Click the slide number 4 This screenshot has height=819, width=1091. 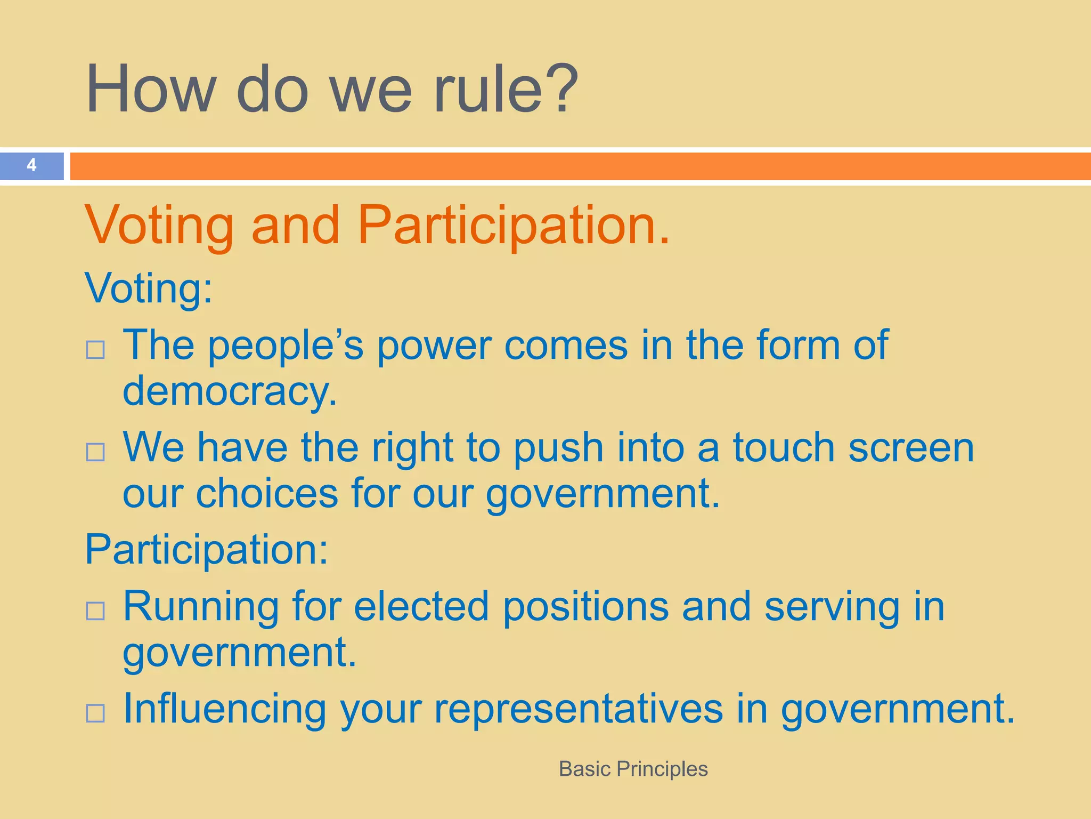(31, 165)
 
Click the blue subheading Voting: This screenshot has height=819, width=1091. (149, 288)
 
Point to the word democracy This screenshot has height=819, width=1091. (230, 391)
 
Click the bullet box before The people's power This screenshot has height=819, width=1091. (95, 350)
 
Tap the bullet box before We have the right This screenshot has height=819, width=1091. (95, 452)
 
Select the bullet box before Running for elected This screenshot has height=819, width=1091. (95, 611)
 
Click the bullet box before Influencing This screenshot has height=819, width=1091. (95, 713)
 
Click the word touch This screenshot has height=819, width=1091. (784, 447)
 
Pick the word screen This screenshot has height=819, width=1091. (911, 448)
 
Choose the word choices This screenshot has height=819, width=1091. (267, 493)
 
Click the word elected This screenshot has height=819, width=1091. (421, 606)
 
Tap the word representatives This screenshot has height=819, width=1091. (579, 710)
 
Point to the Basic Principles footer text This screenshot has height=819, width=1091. (633, 769)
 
